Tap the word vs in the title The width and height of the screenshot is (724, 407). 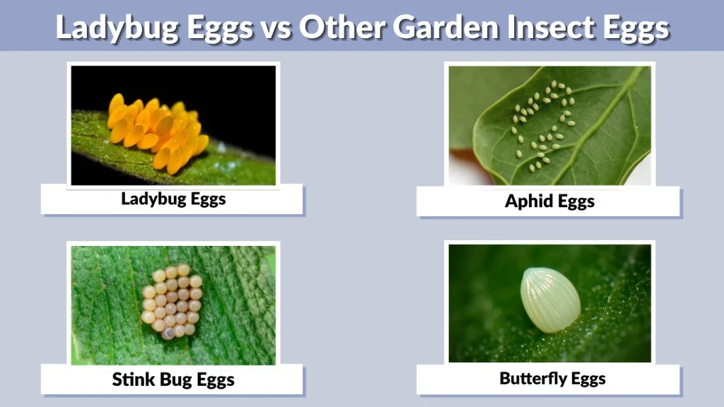273,28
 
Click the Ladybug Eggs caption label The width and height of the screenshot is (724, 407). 173,199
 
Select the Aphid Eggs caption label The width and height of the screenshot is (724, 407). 549,201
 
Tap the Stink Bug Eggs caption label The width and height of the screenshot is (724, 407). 173,379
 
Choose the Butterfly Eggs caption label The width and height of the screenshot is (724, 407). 552,379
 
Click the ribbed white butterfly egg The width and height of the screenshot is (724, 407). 550,300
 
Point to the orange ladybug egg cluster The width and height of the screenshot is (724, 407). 157,132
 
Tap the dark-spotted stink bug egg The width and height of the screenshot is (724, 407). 168,333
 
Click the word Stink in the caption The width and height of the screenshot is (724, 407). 134,379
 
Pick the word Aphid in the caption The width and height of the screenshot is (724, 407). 527,201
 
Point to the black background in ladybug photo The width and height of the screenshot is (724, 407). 233,92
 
